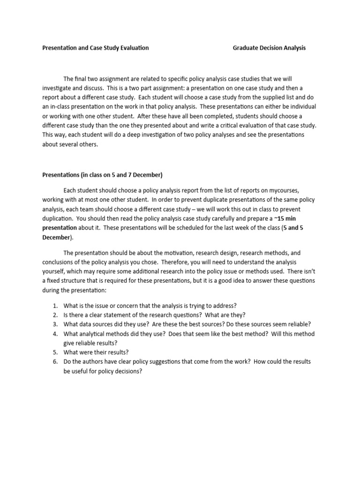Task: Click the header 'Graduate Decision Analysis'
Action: click(x=269, y=48)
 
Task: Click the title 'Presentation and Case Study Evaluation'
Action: click(x=96, y=48)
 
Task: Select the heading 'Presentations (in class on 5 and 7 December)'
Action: click(x=102, y=175)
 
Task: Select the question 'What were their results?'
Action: click(x=96, y=352)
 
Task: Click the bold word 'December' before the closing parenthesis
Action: click(x=56, y=238)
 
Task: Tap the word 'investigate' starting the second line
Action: click(x=59, y=88)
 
